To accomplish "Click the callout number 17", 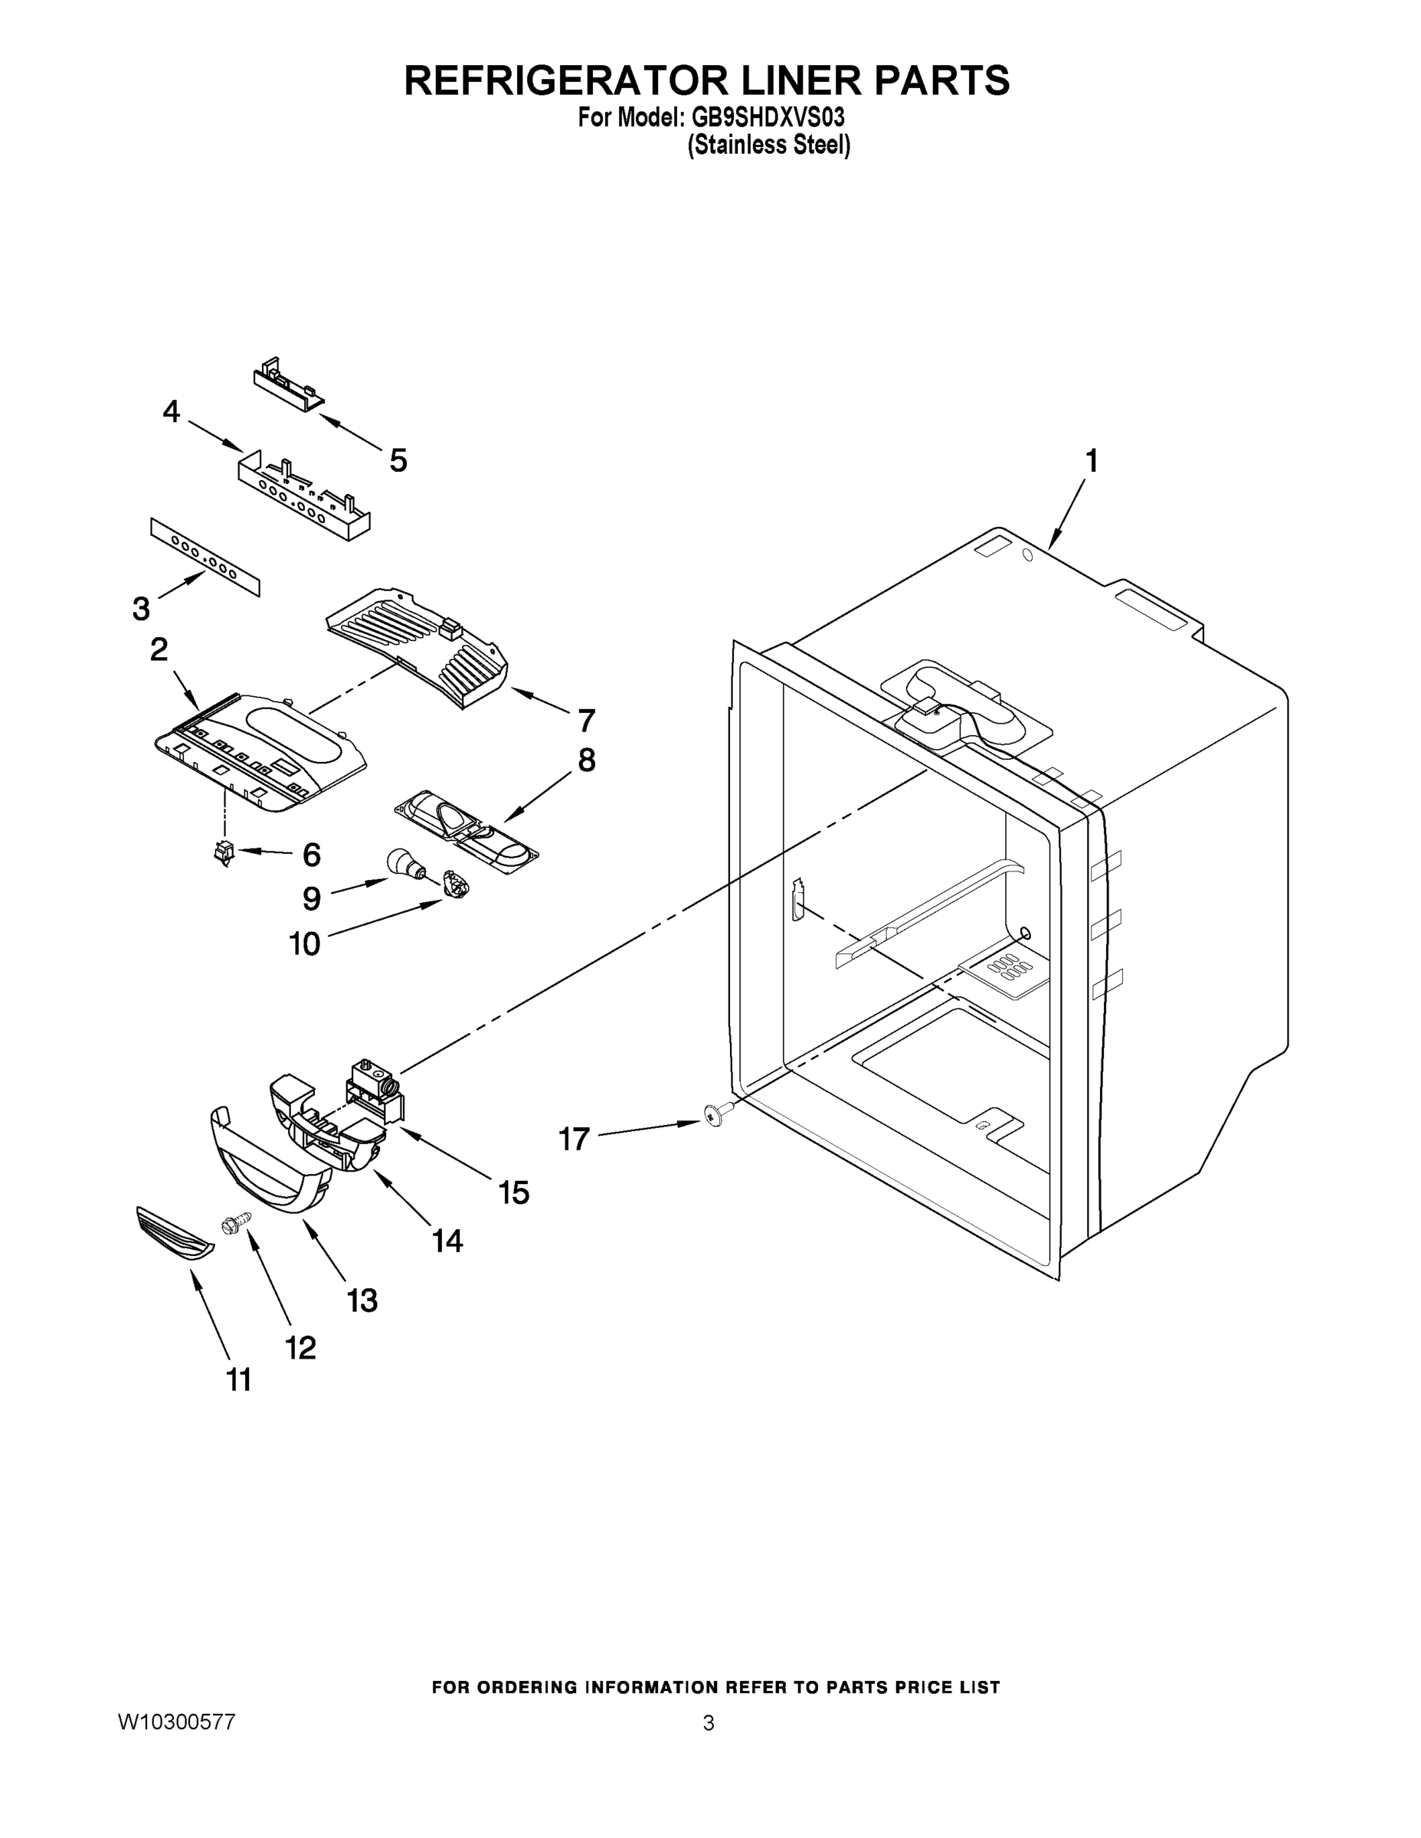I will point(574,1140).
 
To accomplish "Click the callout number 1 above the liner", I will point(1091,461).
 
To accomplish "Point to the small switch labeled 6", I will point(224,853).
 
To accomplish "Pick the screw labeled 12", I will point(235,1223).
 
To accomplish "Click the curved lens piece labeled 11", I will point(174,1235).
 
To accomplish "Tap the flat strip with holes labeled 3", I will point(205,557).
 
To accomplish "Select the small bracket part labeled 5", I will point(288,384).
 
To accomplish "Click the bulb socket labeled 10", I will point(456,884).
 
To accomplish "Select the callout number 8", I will point(586,760).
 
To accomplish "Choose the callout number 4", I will point(171,411).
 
